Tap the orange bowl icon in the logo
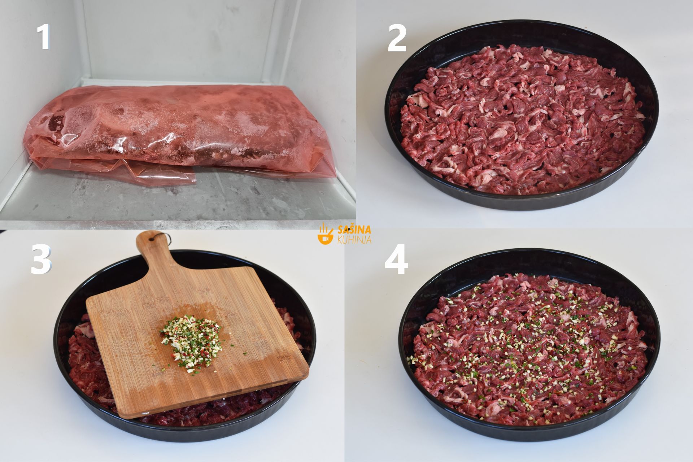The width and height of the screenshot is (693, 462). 325,235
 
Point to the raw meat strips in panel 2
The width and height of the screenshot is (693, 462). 522,119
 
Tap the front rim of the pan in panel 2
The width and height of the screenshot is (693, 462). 520,202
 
